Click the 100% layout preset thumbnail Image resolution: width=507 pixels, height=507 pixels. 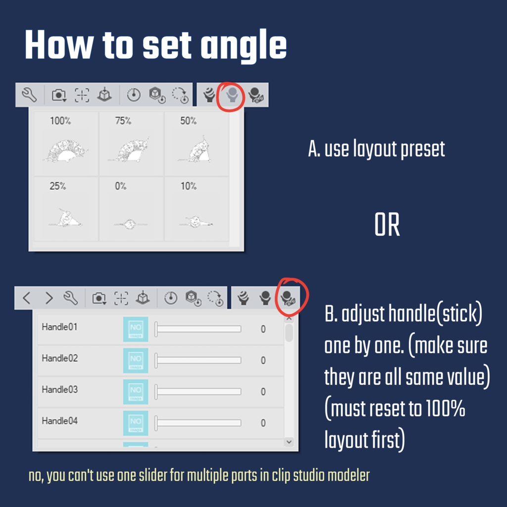66,144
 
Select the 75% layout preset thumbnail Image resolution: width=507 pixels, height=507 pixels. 131,144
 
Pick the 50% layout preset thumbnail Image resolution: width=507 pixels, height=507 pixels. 196,144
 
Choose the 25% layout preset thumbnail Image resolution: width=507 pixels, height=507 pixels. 66,209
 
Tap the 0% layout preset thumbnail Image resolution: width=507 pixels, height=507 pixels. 131,209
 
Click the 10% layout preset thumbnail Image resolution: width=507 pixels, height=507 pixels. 196,209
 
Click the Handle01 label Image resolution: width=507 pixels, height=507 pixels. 59,327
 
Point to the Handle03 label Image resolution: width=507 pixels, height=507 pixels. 59,390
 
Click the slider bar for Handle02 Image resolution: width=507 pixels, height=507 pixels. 198,360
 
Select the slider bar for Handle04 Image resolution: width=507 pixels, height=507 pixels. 198,423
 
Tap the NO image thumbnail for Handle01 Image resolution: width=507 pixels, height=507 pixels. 136,329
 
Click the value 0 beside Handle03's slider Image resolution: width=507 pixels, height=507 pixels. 263,392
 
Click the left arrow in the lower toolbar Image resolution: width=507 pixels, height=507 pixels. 27,298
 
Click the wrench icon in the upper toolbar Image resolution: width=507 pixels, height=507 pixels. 29,95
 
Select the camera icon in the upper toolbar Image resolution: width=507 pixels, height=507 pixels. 59,95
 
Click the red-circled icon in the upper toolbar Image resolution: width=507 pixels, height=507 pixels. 232,95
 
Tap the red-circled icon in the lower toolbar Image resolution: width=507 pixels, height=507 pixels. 288,298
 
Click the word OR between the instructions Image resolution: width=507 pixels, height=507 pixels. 387,225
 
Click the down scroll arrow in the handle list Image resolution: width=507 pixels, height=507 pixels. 289,442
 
